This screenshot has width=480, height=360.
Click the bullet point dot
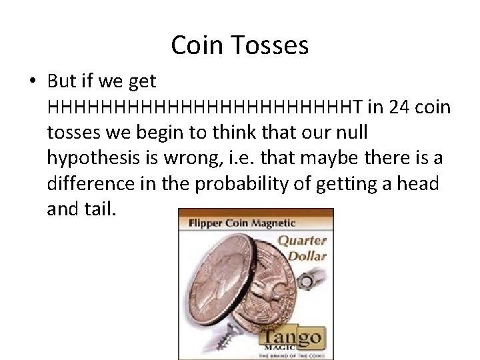[33, 82]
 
